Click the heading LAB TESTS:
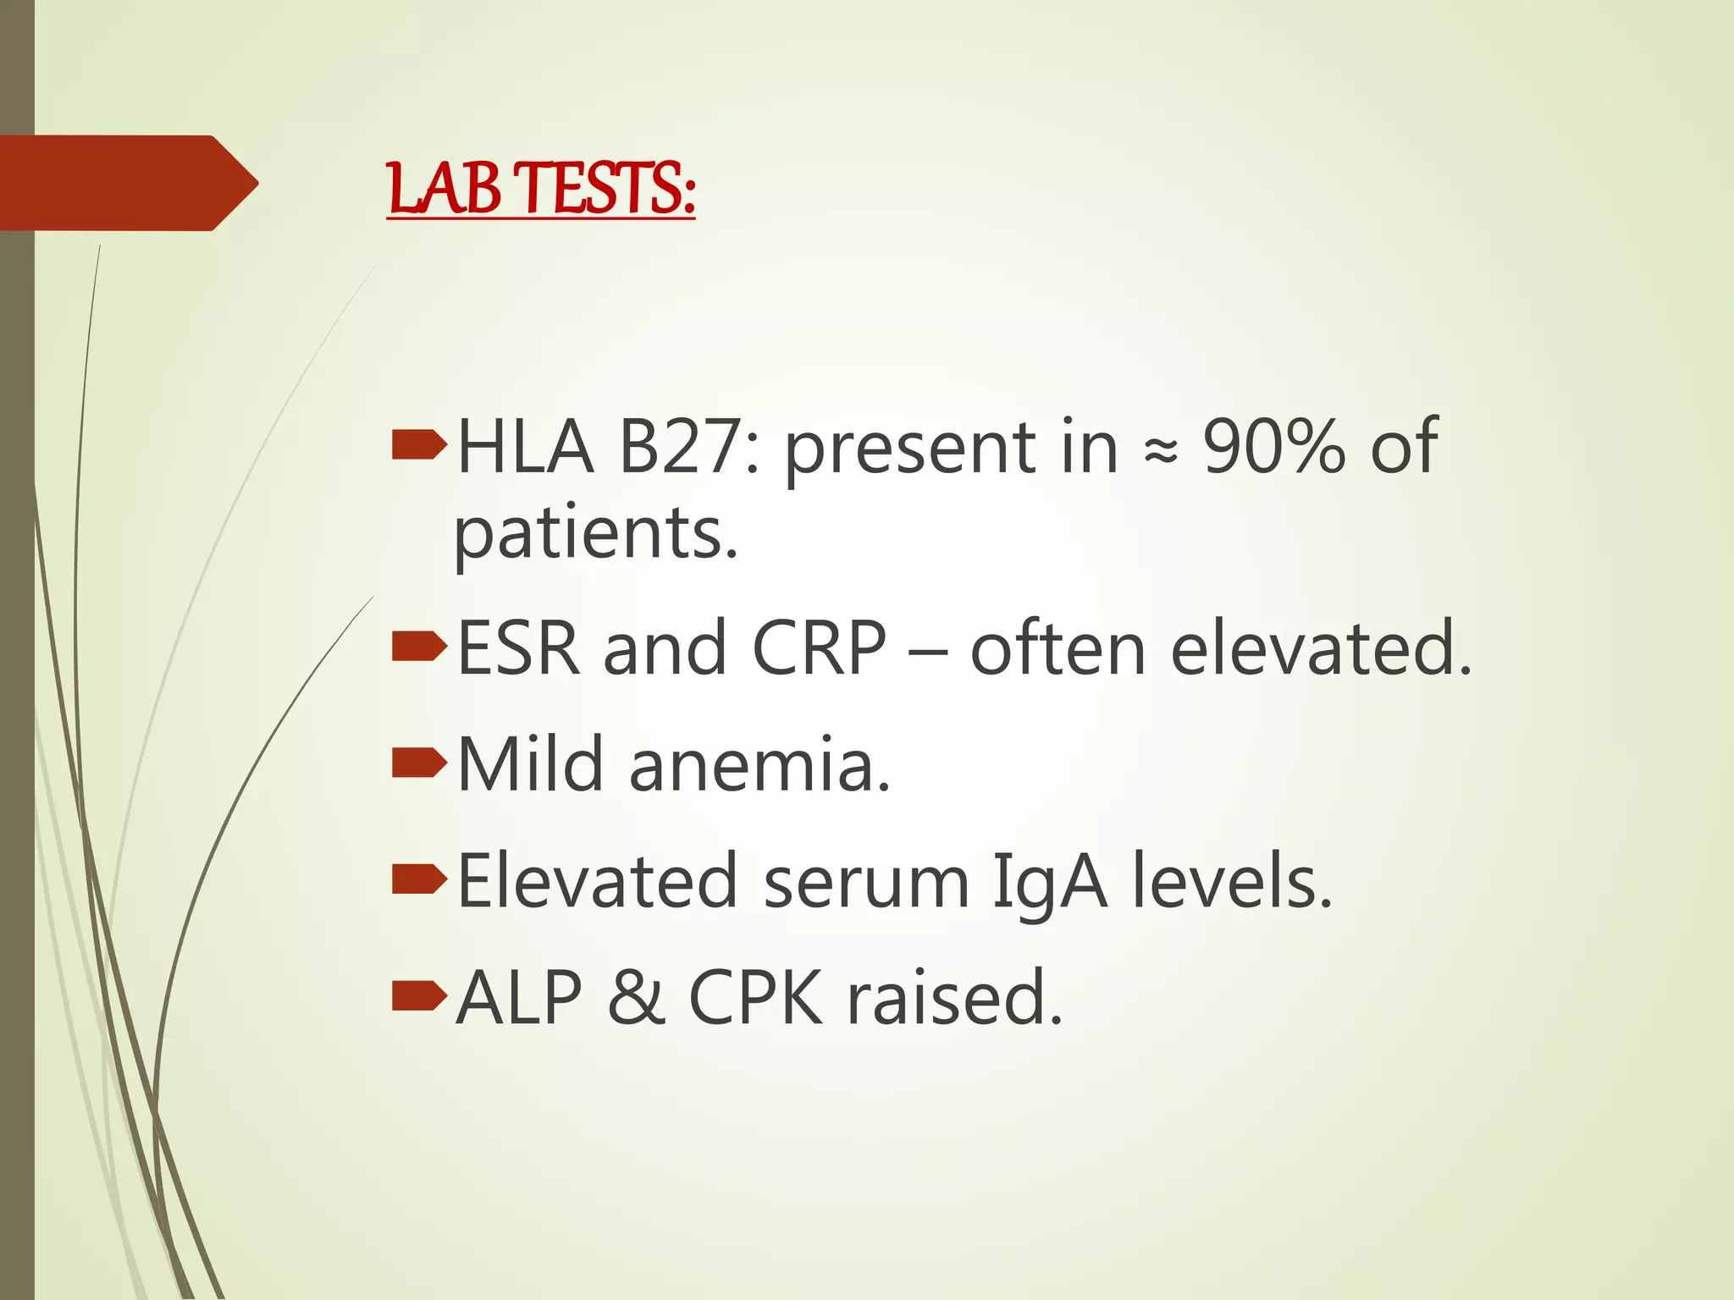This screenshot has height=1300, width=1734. tap(541, 189)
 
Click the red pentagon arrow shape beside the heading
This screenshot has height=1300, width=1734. tap(127, 183)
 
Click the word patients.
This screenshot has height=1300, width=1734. tap(596, 535)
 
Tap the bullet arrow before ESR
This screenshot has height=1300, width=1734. tap(419, 647)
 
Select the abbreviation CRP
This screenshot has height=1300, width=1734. tap(819, 648)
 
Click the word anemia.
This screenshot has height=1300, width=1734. tap(759, 766)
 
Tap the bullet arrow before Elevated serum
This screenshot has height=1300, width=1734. tap(419, 880)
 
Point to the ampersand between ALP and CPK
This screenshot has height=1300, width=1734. tap(635, 998)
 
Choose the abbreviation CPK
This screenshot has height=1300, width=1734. tap(755, 998)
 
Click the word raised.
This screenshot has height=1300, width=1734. tap(955, 998)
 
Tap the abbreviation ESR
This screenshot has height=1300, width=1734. tap(518, 648)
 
